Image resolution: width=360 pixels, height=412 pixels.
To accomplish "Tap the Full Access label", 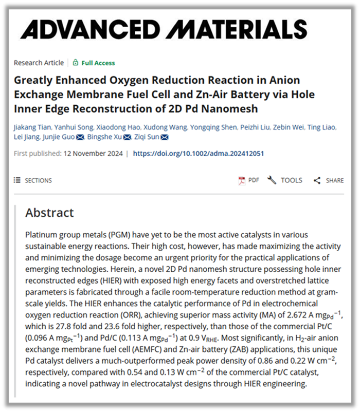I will [97, 63].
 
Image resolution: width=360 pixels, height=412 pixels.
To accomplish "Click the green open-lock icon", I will [76, 63].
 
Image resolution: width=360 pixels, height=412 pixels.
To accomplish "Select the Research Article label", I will [39, 63].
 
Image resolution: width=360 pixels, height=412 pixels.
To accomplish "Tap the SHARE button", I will [329, 180].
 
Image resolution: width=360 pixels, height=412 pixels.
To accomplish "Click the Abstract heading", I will [50, 213].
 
